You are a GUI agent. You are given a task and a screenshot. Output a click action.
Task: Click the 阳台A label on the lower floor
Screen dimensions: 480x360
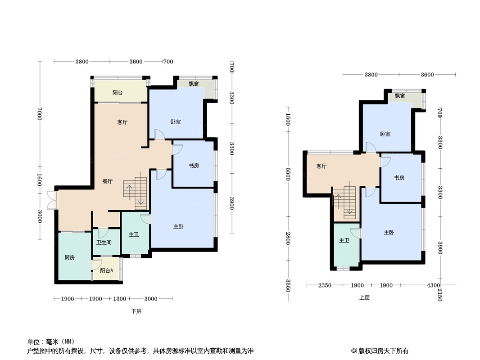pyautogui.click(x=107, y=271)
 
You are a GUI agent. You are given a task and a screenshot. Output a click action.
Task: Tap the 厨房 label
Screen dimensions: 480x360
pyautogui.click(x=69, y=257)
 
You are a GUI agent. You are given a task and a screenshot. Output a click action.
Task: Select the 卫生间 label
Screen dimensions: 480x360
pyautogui.click(x=104, y=243)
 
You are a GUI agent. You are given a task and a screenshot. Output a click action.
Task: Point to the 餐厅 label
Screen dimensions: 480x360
pyautogui.click(x=108, y=181)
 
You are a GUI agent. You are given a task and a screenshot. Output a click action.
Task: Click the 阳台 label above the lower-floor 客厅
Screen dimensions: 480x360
pyautogui.click(x=118, y=92)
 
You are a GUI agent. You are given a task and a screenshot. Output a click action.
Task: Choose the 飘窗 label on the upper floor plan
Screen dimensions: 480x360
pyautogui.click(x=400, y=96)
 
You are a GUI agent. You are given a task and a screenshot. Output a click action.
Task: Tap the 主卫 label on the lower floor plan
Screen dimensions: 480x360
pyautogui.click(x=134, y=234)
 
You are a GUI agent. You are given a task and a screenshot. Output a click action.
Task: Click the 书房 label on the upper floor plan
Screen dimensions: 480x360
pyautogui.click(x=399, y=178)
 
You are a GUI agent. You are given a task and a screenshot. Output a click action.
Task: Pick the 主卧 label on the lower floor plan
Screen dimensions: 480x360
pyautogui.click(x=178, y=226)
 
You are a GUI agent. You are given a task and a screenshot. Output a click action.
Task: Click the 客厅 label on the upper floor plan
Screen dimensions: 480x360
pyautogui.click(x=322, y=166)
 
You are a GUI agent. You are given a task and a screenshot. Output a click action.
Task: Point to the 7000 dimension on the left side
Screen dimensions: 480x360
pyautogui.click(x=39, y=113)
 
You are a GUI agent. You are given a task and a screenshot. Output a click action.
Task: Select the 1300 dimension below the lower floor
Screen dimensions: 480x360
pyautogui.click(x=120, y=299)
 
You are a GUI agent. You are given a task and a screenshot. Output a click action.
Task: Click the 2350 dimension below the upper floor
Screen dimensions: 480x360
pyautogui.click(x=325, y=285)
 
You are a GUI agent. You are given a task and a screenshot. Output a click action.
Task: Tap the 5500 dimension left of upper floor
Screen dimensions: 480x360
pyautogui.click(x=288, y=174)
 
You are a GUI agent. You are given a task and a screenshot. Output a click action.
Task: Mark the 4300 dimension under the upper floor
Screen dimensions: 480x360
pyautogui.click(x=434, y=285)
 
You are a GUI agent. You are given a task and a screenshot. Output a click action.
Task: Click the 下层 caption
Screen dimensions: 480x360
pyautogui.click(x=136, y=311)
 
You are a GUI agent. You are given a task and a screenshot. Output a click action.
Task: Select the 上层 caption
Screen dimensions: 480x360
pyautogui.click(x=364, y=297)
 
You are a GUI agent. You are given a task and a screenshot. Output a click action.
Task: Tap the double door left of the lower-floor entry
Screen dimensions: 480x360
pyautogui.click(x=52, y=200)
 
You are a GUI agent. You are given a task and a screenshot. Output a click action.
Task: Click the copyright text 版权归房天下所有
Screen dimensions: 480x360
pyautogui.click(x=383, y=351)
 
